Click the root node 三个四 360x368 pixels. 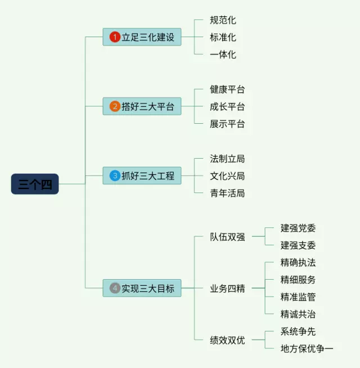(x=35, y=185)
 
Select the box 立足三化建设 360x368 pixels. (x=142, y=37)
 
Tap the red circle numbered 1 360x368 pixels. (x=115, y=37)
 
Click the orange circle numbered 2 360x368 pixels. (x=115, y=106)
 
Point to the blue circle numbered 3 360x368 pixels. (x=115, y=176)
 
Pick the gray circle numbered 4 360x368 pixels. (x=115, y=288)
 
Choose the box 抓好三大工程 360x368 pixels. (x=142, y=176)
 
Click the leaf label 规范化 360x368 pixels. (x=223, y=20)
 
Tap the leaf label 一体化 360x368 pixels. (x=223, y=55)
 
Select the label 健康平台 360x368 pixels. (x=227, y=89)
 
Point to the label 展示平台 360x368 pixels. (x=227, y=124)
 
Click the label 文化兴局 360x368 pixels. (x=227, y=176)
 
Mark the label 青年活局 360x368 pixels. (x=227, y=193)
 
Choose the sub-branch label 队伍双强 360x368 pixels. (x=227, y=237)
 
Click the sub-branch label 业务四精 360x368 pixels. (x=227, y=289)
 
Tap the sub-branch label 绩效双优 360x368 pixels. (x=227, y=340)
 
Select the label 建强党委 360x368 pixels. (x=298, y=228)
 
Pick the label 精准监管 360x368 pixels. (x=298, y=297)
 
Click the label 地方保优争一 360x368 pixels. (x=307, y=349)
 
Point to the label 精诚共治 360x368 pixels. (x=298, y=314)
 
